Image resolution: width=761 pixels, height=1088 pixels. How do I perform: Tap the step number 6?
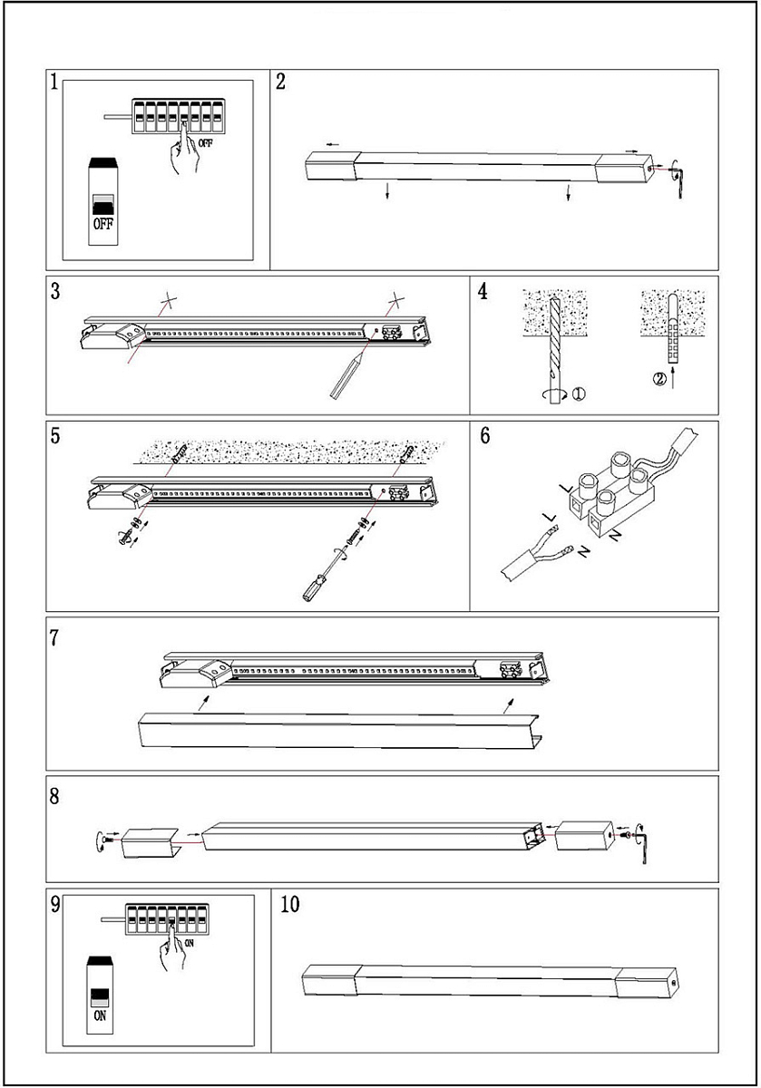point(485,435)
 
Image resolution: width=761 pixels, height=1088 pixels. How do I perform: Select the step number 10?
point(290,905)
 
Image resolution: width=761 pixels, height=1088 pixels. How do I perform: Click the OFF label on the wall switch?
point(102,224)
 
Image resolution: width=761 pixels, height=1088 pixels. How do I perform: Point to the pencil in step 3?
point(346,376)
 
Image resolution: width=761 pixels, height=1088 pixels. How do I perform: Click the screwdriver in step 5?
point(327,574)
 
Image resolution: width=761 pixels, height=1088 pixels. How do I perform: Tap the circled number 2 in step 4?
point(658,378)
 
